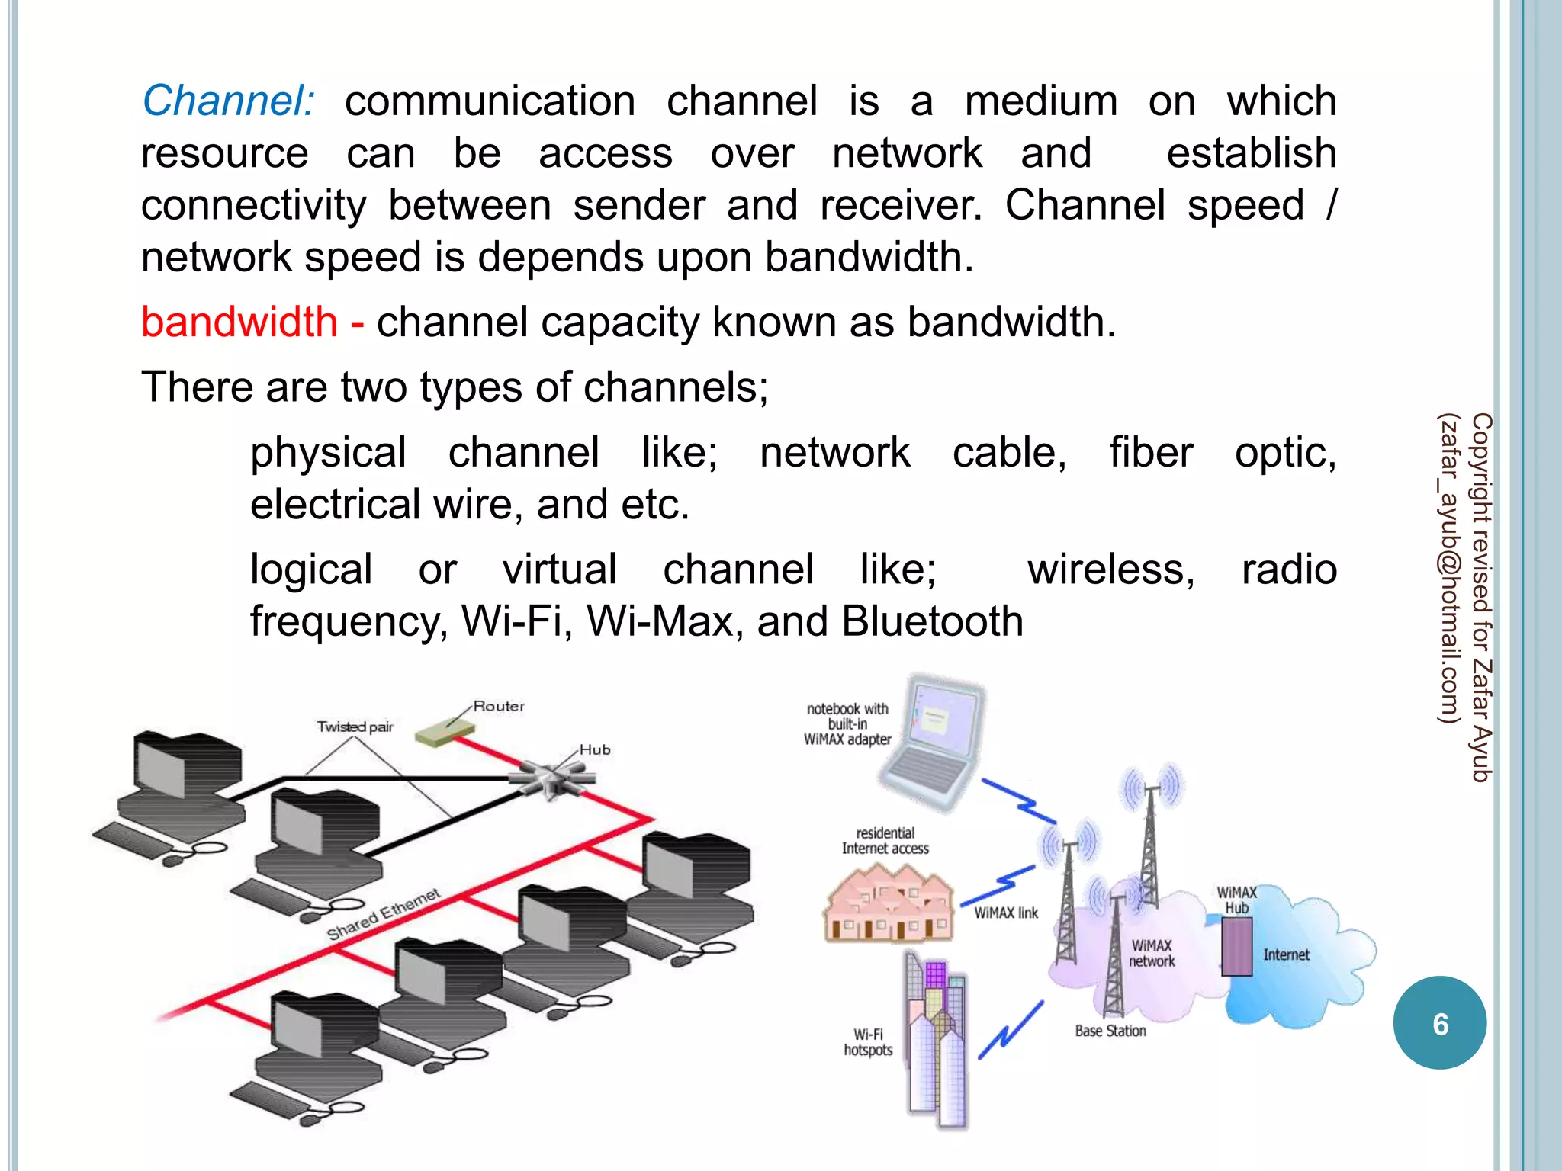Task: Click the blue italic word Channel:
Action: pos(228,101)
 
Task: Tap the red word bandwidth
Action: pos(239,322)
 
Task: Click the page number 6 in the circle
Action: pos(1439,1024)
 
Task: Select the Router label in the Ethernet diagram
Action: pos(499,707)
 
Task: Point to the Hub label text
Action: pos(595,750)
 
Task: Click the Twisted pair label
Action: pos(355,727)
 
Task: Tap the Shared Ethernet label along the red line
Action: pos(384,914)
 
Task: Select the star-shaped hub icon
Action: pos(551,777)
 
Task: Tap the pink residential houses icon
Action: pos(889,907)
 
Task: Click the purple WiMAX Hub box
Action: pos(1236,946)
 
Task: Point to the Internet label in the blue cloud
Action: pos(1286,955)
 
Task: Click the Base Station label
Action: pos(1110,1031)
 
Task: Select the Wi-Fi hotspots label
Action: pos(868,1042)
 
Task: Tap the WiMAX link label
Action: pos(1006,913)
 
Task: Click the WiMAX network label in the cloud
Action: pos(1152,954)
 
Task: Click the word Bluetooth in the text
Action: pos(932,621)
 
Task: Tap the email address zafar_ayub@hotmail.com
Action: pos(1448,568)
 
